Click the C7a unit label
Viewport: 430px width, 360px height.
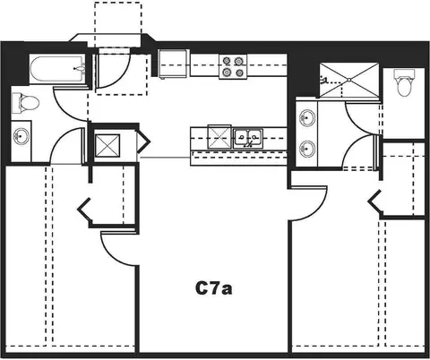[x=214, y=288]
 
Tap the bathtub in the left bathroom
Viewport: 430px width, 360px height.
[x=57, y=69]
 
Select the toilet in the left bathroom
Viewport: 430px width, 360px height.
[x=25, y=103]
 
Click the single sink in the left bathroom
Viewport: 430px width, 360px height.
[x=21, y=136]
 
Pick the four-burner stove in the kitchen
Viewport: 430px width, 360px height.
[x=233, y=66]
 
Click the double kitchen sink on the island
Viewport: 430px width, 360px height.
[x=248, y=138]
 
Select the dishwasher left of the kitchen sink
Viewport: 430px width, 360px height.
[x=219, y=137]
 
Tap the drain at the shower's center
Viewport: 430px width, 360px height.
[x=348, y=80]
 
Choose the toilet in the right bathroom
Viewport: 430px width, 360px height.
[x=404, y=82]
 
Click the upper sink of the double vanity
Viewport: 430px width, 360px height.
[x=307, y=118]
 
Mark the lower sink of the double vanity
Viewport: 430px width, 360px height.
[x=307, y=148]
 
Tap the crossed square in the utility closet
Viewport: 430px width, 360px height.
[x=107, y=145]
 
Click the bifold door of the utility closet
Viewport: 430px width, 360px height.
[x=142, y=141]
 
